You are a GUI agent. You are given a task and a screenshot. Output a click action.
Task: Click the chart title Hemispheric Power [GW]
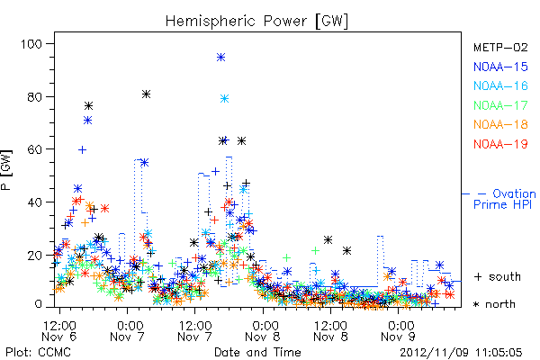coord(256,21)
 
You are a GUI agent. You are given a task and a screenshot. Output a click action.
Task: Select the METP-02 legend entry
coord(500,47)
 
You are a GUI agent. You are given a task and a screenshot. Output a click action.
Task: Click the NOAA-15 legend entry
coord(500,67)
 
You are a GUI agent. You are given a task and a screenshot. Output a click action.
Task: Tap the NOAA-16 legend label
coord(500,85)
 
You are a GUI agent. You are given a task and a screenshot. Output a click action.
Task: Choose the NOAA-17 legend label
coord(500,105)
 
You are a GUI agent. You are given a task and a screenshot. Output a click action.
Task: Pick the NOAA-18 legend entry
coord(500,124)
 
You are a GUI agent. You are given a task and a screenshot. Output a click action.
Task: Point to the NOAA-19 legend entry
coord(500,144)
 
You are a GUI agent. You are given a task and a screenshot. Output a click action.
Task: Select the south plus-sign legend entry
coord(498,276)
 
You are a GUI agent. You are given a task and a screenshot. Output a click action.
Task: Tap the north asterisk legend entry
coord(494,304)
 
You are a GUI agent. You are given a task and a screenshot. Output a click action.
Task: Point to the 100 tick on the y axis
coord(31,44)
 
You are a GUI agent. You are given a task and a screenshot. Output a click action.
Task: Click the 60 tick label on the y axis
coord(34,149)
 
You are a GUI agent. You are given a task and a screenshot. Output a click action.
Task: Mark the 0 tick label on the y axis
coord(38,304)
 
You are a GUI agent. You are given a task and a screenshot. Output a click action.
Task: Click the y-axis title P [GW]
coord(6,169)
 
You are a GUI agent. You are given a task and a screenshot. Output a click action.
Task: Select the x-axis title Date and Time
coord(257,352)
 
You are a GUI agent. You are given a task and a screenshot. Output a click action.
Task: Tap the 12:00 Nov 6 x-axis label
coord(59,331)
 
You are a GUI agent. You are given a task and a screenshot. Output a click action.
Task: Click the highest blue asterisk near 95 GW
coord(221,58)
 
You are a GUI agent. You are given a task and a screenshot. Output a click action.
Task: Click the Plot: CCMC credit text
coord(38,353)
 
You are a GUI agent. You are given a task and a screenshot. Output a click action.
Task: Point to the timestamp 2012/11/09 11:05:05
coord(461,353)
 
